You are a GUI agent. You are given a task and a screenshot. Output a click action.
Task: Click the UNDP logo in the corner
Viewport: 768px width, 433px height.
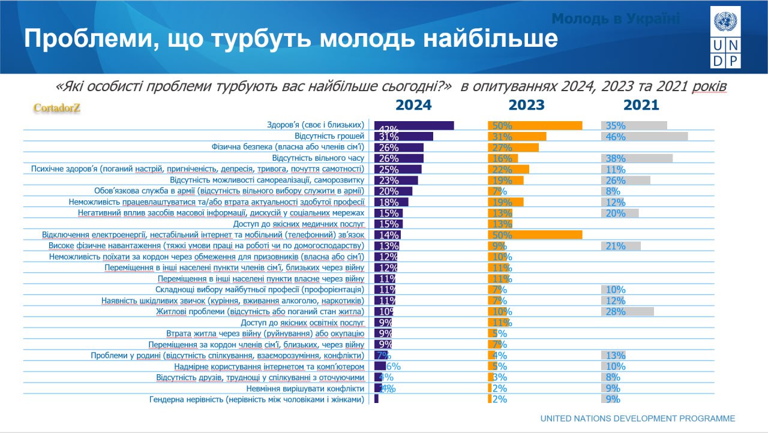coord(725,37)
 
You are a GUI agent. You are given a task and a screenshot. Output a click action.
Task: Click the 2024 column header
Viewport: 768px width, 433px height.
coord(413,105)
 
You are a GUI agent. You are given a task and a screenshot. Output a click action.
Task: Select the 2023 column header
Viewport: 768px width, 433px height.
coord(526,105)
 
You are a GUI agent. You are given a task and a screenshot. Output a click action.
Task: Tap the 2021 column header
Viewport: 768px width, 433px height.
coord(641,105)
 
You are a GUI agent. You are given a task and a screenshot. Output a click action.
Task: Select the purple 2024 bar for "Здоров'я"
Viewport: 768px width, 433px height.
coord(414,125)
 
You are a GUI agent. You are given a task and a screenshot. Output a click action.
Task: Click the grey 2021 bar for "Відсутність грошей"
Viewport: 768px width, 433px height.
coord(644,136)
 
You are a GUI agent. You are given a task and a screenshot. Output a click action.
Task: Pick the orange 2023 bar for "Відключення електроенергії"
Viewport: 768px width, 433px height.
coord(535,234)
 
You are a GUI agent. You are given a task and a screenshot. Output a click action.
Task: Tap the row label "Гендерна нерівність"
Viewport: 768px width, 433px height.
coord(256,399)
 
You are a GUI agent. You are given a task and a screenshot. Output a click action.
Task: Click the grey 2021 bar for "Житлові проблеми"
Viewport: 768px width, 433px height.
coord(628,311)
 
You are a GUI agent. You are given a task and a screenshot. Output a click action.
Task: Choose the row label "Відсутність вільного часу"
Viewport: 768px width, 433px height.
coord(318,158)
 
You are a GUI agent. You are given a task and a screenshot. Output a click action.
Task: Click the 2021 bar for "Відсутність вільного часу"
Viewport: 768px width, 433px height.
coord(637,158)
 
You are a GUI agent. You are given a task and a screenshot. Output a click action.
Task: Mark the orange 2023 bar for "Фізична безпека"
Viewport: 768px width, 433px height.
coord(514,148)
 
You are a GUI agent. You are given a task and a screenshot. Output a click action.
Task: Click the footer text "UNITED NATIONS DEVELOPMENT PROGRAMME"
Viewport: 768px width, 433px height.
coord(637,419)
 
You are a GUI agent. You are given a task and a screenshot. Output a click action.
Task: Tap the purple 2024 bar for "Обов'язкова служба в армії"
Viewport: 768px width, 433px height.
coord(393,191)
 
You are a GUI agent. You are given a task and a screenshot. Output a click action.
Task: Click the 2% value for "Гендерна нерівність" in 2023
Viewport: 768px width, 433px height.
coord(500,399)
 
